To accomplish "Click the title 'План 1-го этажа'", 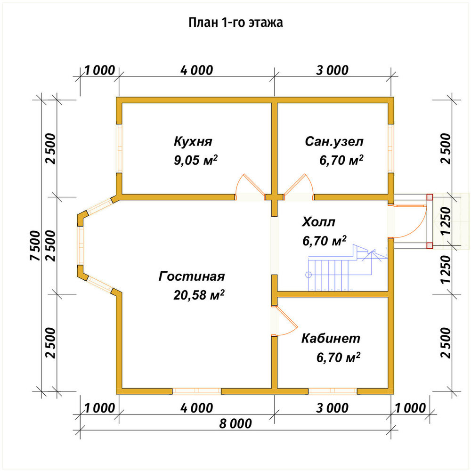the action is pos(235,23).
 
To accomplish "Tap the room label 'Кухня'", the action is pos(193,141).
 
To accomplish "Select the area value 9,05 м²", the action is pos(195,160).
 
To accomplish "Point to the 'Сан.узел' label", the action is pos(334,141).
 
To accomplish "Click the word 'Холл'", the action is pos(318,222).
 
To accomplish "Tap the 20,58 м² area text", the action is pos(199,295).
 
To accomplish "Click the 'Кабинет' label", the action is pos(331,338).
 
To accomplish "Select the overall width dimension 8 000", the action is pos(235,423).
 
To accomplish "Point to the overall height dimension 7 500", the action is pos(35,245).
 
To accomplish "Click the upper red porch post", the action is pos(430,197).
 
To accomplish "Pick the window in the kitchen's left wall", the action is pos(119,148).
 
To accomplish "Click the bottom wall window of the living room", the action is pos(197,391).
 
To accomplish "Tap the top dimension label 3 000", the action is pos(332,70).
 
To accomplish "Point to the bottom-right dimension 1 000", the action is pos(410,408).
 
